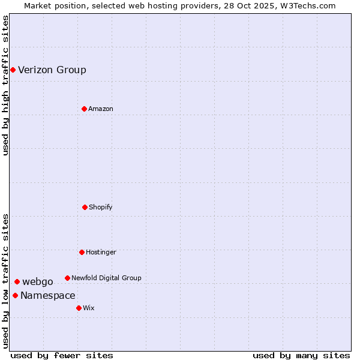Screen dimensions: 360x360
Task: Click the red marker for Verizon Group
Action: coord(13,70)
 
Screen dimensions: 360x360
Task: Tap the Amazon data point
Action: coord(84,109)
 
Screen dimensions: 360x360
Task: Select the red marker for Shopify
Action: coord(85,207)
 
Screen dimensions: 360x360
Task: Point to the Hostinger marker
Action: coord(82,252)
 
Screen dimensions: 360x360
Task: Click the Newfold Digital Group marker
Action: coord(67,278)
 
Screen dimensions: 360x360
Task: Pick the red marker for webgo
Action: coord(17,281)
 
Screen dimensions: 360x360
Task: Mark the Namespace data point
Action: coord(15,295)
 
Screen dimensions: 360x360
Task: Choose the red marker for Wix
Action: coord(79,308)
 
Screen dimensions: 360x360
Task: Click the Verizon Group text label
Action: coord(52,70)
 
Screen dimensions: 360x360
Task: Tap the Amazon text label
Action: coord(101,109)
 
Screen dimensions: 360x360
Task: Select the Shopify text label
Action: coord(101,207)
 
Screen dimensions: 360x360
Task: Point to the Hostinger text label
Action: coord(101,252)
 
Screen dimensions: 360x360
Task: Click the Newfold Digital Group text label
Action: coord(106,278)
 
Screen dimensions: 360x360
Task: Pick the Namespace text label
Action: coord(48,295)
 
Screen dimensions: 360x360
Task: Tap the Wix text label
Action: coord(89,308)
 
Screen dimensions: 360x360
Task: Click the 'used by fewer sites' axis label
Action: coord(62,355)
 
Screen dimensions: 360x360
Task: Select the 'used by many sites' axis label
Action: coord(301,355)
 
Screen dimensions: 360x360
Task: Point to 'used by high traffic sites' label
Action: coord(5,86)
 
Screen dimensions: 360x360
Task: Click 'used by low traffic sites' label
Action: coord(5,281)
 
